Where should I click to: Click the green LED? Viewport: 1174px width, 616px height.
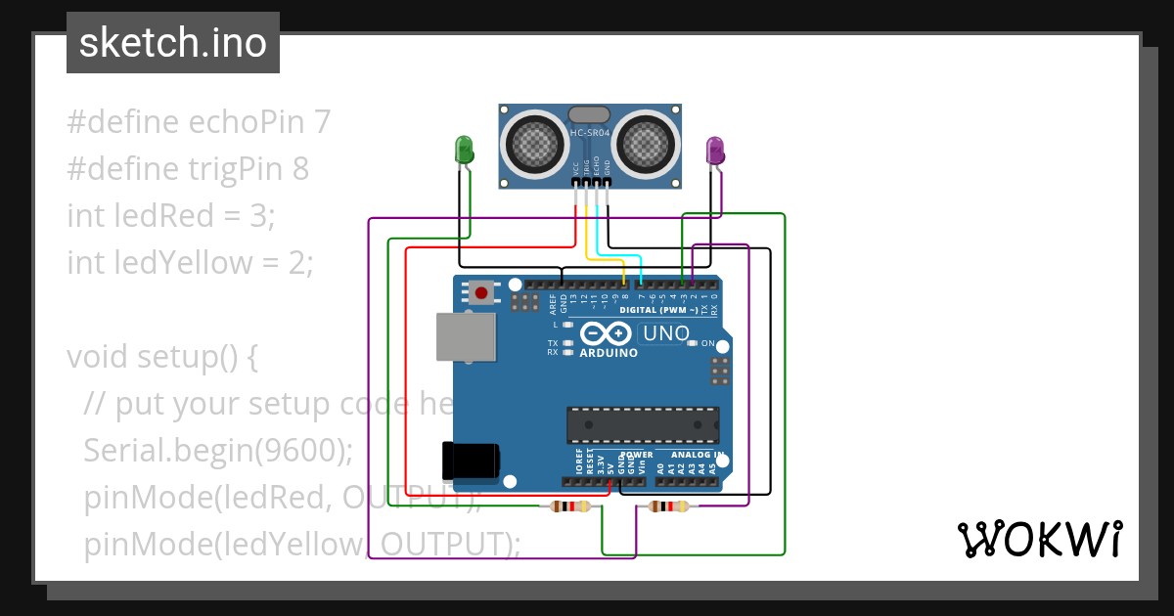464,150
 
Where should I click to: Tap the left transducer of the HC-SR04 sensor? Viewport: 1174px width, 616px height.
533,144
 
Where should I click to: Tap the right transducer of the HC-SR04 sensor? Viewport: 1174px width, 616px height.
645,144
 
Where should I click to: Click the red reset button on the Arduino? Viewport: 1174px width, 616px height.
480,292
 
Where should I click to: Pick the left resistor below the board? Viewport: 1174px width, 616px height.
570,506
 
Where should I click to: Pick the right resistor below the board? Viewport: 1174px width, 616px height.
668,506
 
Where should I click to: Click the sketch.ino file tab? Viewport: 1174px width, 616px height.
173,43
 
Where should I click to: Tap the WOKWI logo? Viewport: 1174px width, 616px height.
1038,539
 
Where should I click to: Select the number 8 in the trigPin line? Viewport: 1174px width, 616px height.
300,169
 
